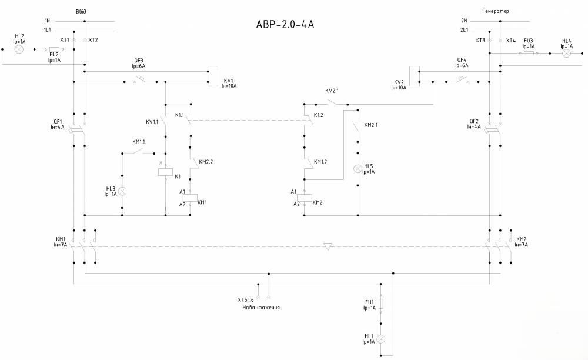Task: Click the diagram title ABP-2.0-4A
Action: point(285,24)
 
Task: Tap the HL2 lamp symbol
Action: point(19,49)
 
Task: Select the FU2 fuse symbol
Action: point(54,49)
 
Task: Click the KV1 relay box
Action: point(213,76)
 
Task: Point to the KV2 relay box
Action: point(415,76)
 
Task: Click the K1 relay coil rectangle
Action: point(165,172)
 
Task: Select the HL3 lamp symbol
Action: point(122,191)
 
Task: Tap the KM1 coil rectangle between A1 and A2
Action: point(190,198)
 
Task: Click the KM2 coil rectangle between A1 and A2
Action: point(304,198)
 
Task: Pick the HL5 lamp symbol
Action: point(358,169)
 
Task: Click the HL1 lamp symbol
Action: point(380,339)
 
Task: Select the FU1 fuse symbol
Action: point(380,304)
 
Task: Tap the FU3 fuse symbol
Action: point(529,54)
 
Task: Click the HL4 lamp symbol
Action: point(567,54)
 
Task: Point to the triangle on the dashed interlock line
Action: point(328,246)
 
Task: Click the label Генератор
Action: point(495,11)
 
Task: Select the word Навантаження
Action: point(261,308)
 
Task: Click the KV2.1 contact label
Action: point(332,91)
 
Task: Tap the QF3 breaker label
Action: point(138,61)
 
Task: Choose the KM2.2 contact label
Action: point(206,162)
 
